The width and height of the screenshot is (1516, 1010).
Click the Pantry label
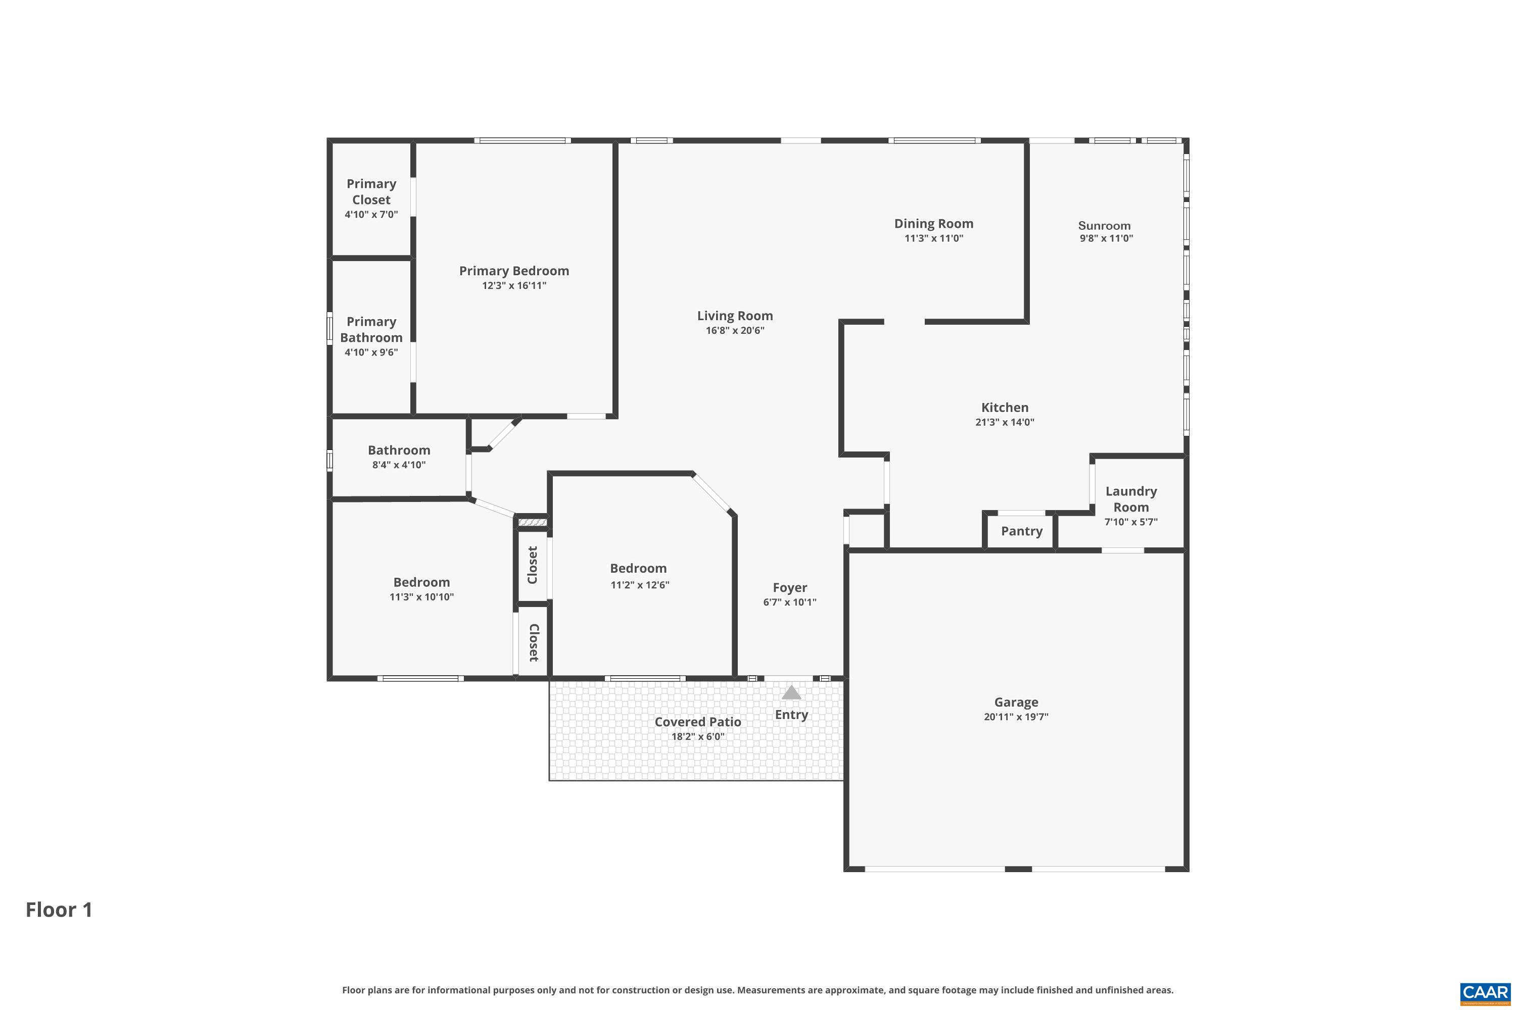coord(1022,531)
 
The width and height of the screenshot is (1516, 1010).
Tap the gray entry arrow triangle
coord(791,693)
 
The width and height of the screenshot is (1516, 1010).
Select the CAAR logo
coord(1485,993)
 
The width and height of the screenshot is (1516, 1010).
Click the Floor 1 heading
coord(59,910)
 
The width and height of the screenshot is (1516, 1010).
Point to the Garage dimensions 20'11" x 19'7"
coord(1016,717)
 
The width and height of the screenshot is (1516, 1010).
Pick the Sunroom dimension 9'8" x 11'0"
coord(1106,238)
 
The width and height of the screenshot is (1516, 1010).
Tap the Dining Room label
coord(933,224)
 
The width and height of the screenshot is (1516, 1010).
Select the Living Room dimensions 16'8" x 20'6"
coord(735,330)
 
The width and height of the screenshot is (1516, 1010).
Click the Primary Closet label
coord(371,192)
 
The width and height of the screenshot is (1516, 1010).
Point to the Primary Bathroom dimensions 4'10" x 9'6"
coord(371,352)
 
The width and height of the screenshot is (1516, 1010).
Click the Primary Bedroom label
coord(514,271)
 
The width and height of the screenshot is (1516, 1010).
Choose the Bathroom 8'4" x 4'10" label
coord(399,450)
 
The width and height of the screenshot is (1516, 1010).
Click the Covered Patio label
coord(697,722)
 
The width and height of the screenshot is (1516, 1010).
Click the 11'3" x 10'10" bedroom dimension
coord(421,597)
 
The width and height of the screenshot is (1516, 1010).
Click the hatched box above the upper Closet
coord(533,522)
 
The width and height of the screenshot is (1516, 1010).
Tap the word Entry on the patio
coord(791,715)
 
